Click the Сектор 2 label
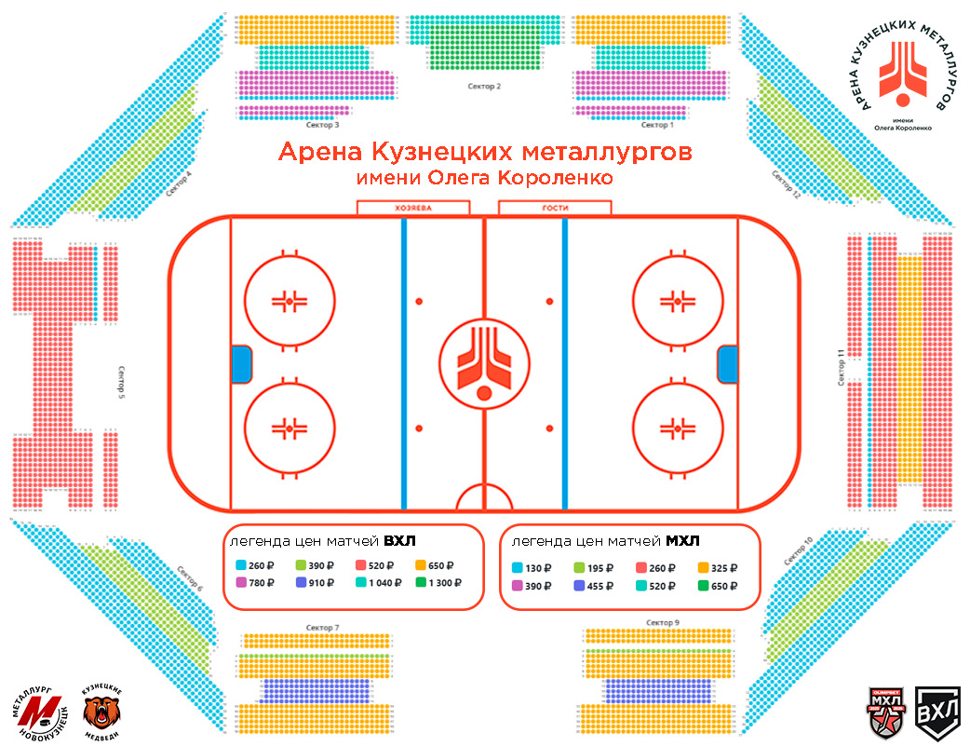tap(484, 87)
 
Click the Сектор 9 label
tap(662, 622)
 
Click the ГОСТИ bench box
tap(554, 208)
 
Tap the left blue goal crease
tap(242, 363)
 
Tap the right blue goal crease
tap(727, 363)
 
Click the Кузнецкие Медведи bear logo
tap(102, 710)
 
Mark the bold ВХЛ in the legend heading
tap(399, 541)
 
